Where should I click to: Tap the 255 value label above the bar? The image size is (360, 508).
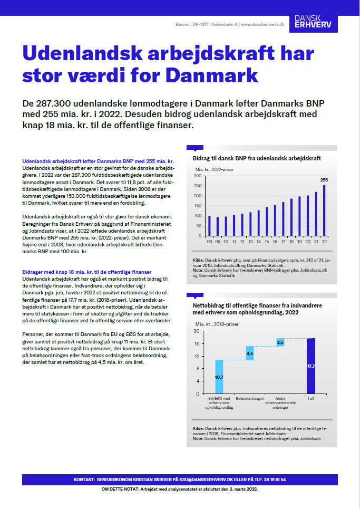(324, 180)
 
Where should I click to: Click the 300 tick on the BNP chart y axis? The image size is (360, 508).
(198, 176)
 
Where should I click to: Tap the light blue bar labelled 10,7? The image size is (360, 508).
(219, 377)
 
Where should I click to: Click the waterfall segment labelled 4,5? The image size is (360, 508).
(250, 353)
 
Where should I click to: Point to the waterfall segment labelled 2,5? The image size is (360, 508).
(280, 342)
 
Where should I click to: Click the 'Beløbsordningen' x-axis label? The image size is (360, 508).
(250, 399)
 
